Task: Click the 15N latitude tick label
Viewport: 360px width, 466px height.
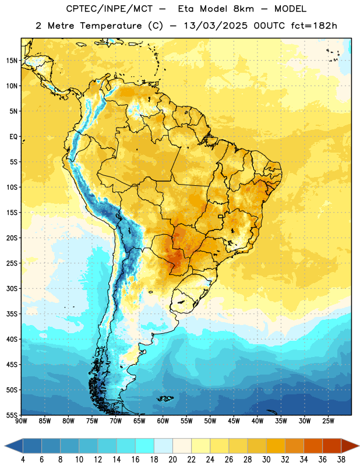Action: pyautogui.click(x=12, y=61)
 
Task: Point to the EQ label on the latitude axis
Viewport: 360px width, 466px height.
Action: pyautogui.click(x=13, y=137)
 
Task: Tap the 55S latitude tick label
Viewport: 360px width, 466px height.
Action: pyautogui.click(x=12, y=415)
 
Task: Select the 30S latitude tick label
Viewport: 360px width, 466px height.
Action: pyautogui.click(x=12, y=288)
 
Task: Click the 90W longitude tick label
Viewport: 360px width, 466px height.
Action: pyautogui.click(x=21, y=421)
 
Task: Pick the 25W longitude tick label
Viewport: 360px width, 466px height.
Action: pyautogui.click(x=328, y=421)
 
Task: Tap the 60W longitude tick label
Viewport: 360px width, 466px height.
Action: pyautogui.click(x=163, y=421)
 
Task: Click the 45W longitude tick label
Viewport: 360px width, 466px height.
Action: pyautogui.click(x=234, y=421)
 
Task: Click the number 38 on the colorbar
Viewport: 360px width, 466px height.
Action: pyautogui.click(x=341, y=460)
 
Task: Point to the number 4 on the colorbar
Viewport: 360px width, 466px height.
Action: pyautogui.click(x=23, y=460)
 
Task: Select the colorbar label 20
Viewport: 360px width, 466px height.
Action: pyautogui.click(x=172, y=460)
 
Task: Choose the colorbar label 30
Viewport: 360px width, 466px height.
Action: pyautogui.click(x=266, y=460)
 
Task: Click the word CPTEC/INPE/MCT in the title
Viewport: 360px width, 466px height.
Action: pyautogui.click(x=109, y=9)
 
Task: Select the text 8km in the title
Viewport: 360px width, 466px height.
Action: pyautogui.click(x=243, y=9)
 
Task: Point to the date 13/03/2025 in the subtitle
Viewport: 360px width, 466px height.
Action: pyautogui.click(x=216, y=26)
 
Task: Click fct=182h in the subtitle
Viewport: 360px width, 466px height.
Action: pyautogui.click(x=314, y=26)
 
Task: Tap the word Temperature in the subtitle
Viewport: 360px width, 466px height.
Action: pyautogui.click(x=111, y=26)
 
